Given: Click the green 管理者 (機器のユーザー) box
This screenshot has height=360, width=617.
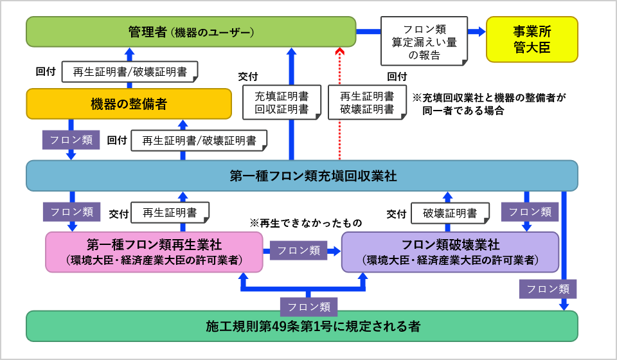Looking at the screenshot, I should [x=191, y=32].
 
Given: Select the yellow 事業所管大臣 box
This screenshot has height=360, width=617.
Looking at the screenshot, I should [x=532, y=39].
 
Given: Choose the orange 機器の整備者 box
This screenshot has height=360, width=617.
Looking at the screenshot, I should [x=129, y=104].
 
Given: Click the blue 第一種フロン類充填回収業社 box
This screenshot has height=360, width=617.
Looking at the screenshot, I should [x=302, y=175].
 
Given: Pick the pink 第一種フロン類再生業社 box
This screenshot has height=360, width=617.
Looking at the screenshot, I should [x=154, y=252].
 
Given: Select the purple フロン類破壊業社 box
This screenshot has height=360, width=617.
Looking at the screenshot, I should [x=450, y=252].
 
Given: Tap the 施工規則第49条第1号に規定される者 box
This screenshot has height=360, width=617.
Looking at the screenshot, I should [x=302, y=326].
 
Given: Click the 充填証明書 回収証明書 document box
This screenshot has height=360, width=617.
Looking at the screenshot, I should [x=282, y=102].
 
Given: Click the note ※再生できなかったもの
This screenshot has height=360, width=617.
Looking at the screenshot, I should [x=306, y=223].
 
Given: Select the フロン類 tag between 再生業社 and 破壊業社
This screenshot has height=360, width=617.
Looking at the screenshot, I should [x=299, y=251].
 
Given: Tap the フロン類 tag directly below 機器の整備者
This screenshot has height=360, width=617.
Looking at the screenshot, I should [x=71, y=139].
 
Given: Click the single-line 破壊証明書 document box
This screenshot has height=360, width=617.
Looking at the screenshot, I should [x=450, y=213].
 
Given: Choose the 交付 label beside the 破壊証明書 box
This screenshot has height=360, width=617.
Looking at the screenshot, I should [x=397, y=213].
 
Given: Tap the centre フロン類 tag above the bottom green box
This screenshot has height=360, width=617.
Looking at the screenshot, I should [x=308, y=307].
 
